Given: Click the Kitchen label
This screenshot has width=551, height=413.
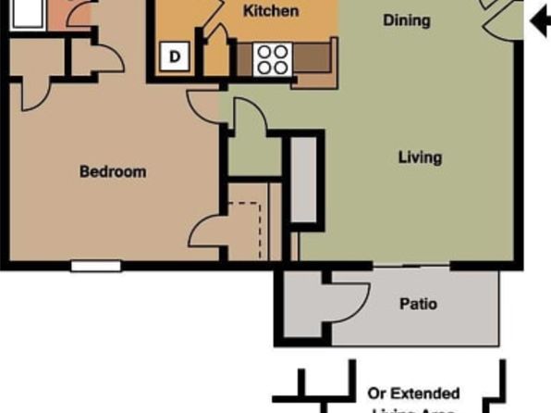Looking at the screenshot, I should pyautogui.click(x=271, y=11).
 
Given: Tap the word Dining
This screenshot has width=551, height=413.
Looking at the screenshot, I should pyautogui.click(x=406, y=19).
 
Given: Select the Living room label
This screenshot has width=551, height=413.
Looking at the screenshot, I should pyautogui.click(x=420, y=157).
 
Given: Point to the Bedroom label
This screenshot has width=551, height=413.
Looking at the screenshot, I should pyautogui.click(x=113, y=171).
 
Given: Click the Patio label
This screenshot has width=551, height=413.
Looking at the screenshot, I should pyautogui.click(x=418, y=304).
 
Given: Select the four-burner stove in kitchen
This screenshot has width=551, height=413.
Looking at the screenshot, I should pyautogui.click(x=272, y=59).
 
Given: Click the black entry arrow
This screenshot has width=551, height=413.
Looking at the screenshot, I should pyautogui.click(x=538, y=20).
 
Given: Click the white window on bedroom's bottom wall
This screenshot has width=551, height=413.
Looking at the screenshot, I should pyautogui.click(x=96, y=266).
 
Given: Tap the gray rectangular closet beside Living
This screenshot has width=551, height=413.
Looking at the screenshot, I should pyautogui.click(x=304, y=181).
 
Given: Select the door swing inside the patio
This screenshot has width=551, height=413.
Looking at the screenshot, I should pyautogui.click(x=349, y=298).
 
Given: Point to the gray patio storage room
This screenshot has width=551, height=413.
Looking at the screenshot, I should pyautogui.click(x=303, y=306).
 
